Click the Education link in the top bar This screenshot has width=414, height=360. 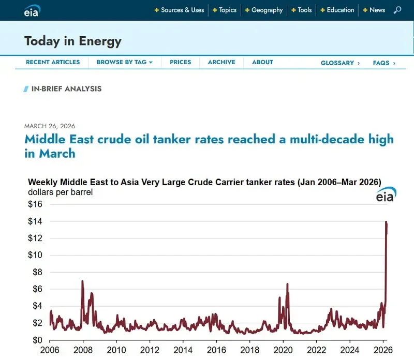tap(340, 10)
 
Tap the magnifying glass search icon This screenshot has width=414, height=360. tap(397, 10)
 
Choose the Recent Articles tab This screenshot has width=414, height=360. tap(53, 62)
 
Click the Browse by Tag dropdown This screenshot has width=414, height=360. tap(125, 62)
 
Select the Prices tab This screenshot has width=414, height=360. tap(181, 62)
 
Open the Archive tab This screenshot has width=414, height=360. tap(221, 62)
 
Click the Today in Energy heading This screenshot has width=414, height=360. tap(72, 41)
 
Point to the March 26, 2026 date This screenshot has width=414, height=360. tap(50, 126)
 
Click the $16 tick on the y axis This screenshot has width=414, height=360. tap(35, 204)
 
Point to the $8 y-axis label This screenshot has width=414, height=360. tap(37, 272)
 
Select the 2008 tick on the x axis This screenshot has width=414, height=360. tap(83, 350)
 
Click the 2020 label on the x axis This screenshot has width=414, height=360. tap(283, 350)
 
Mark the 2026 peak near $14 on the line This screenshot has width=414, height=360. tap(386, 222)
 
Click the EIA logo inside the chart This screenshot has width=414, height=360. tap(385, 196)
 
